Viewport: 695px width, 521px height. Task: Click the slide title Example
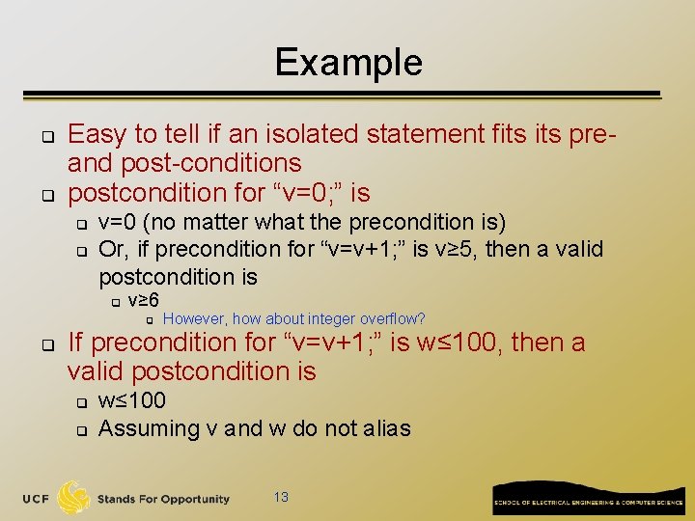[x=348, y=63]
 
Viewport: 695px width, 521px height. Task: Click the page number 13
[x=281, y=497]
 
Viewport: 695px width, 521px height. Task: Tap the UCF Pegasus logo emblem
[x=74, y=498]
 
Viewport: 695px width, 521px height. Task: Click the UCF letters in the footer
[x=37, y=499]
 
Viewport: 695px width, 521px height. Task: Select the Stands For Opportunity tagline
[x=163, y=499]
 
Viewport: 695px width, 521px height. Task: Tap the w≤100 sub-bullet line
[x=132, y=400]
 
